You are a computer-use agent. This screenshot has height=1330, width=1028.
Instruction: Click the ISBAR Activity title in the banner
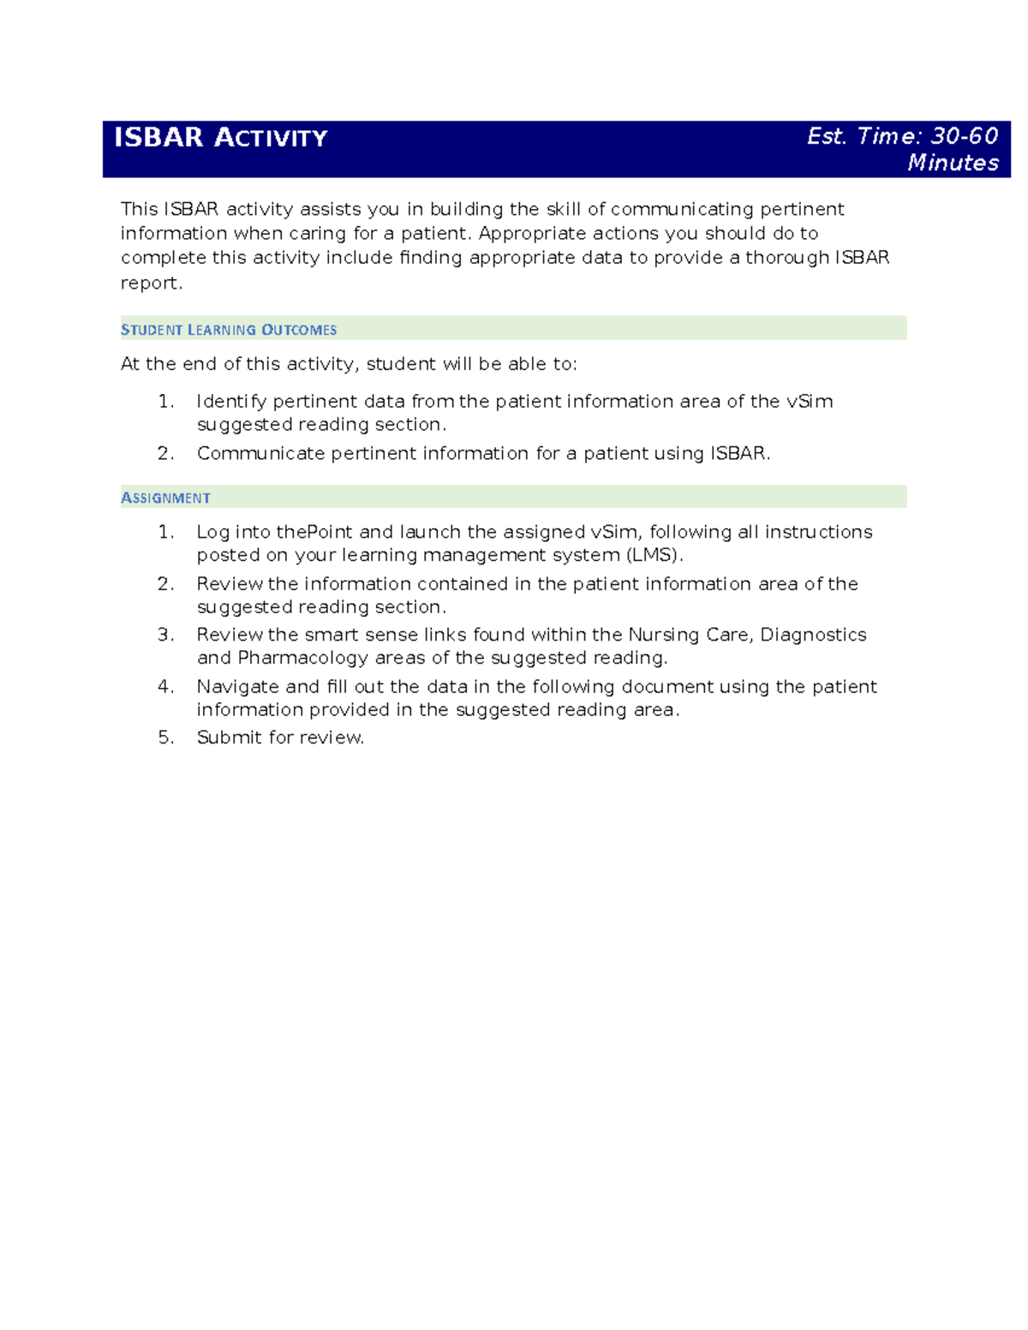pos(220,138)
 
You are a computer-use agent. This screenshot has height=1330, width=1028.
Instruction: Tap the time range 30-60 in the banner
pos(965,136)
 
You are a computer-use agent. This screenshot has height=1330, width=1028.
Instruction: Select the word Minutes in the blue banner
pos(953,163)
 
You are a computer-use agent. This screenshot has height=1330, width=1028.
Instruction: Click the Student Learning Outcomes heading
pos(229,330)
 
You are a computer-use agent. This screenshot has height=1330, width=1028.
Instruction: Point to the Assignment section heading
pos(165,498)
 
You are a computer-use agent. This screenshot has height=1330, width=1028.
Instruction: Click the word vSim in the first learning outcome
pos(810,402)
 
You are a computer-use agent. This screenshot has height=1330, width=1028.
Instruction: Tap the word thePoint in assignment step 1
pos(314,532)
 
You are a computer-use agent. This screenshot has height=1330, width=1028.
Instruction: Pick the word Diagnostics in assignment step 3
pos(813,635)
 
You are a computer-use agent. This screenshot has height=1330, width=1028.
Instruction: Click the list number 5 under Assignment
pos(164,737)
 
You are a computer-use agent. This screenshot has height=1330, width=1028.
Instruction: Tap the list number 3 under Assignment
pos(164,635)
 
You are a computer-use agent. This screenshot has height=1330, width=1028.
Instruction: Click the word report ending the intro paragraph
pos(150,283)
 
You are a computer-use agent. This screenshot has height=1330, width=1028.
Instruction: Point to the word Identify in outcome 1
pos(231,402)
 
